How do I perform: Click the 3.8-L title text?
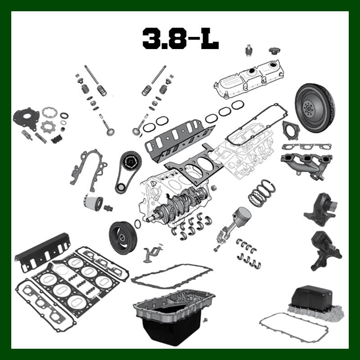coord(180,39)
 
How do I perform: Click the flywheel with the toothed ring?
coord(315,108)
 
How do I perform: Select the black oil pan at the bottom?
coord(174,317)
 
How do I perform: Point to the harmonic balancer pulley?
coord(123,238)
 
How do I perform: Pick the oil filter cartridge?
coord(93,202)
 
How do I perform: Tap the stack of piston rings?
coord(262,192)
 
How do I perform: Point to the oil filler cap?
coord(275,51)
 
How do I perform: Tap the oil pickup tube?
coord(152,253)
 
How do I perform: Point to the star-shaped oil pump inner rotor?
coord(48,126)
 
